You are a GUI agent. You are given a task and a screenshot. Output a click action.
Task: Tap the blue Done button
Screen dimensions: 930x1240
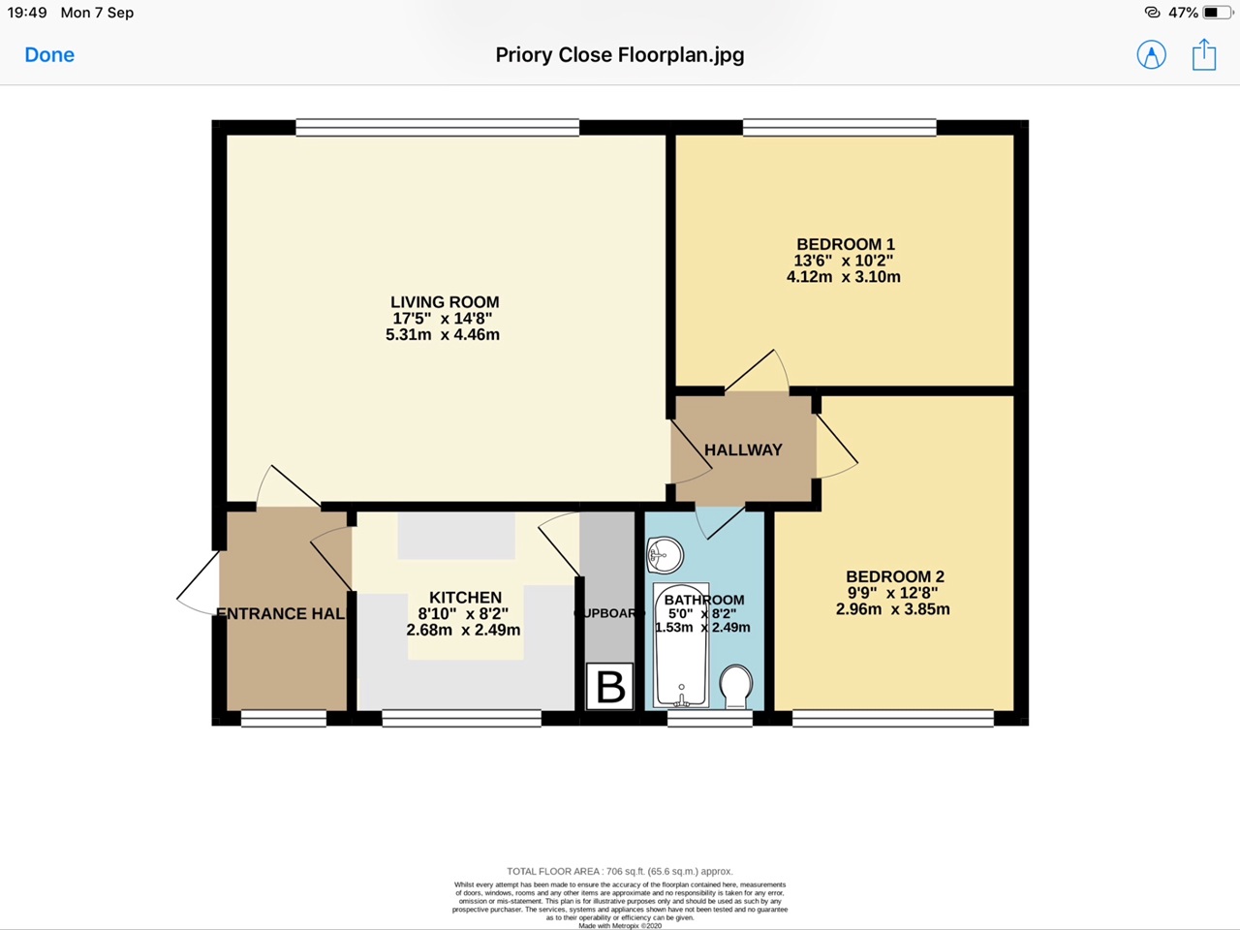coord(49,55)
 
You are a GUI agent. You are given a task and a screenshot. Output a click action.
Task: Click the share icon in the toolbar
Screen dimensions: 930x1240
coord(1204,54)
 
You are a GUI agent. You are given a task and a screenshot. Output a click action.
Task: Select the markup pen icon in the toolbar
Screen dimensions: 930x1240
coord(1151,55)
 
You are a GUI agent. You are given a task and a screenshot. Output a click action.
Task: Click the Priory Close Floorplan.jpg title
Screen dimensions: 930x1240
coord(620,55)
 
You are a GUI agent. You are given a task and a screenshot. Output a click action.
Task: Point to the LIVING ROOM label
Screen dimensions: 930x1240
coord(445,302)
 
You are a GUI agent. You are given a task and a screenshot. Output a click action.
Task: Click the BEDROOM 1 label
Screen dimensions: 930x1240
coord(845,244)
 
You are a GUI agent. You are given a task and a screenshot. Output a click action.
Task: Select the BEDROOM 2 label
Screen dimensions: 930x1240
coord(894,576)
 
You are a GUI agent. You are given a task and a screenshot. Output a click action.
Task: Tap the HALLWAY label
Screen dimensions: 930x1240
coord(743,449)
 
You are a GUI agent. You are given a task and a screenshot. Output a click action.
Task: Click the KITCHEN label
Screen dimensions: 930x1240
coord(465,598)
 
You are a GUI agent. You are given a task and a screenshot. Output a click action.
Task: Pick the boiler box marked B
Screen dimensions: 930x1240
coord(610,686)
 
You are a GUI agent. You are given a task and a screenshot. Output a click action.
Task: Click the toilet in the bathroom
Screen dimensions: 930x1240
coord(737,685)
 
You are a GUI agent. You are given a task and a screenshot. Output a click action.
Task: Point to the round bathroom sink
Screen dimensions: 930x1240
coord(666,555)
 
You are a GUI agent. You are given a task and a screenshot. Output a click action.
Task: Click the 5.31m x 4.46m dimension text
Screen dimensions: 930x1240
coord(443,335)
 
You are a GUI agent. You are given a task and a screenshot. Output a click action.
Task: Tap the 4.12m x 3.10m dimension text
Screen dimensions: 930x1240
coord(844,277)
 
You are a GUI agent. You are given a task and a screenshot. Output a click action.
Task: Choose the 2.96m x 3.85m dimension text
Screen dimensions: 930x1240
coord(892,609)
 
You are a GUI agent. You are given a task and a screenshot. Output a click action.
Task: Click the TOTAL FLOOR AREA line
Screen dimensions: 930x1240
coord(620,871)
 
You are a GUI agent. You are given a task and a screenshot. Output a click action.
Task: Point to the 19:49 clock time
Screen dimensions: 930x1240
coord(27,13)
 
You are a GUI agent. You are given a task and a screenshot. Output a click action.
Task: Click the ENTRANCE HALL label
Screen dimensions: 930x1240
coord(280,613)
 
